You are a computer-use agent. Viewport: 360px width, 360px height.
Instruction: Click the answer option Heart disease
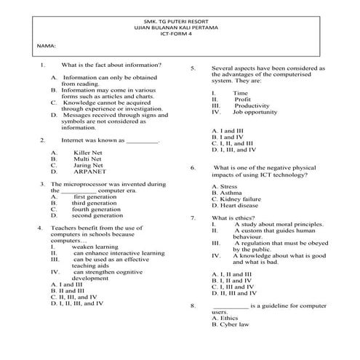234,206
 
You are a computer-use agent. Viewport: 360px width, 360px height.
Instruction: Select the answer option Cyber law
230,324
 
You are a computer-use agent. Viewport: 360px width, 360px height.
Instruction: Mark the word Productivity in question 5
252,105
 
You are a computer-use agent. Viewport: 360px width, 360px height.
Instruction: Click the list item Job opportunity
250,112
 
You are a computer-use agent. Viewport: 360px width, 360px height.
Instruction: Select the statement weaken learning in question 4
91,247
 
